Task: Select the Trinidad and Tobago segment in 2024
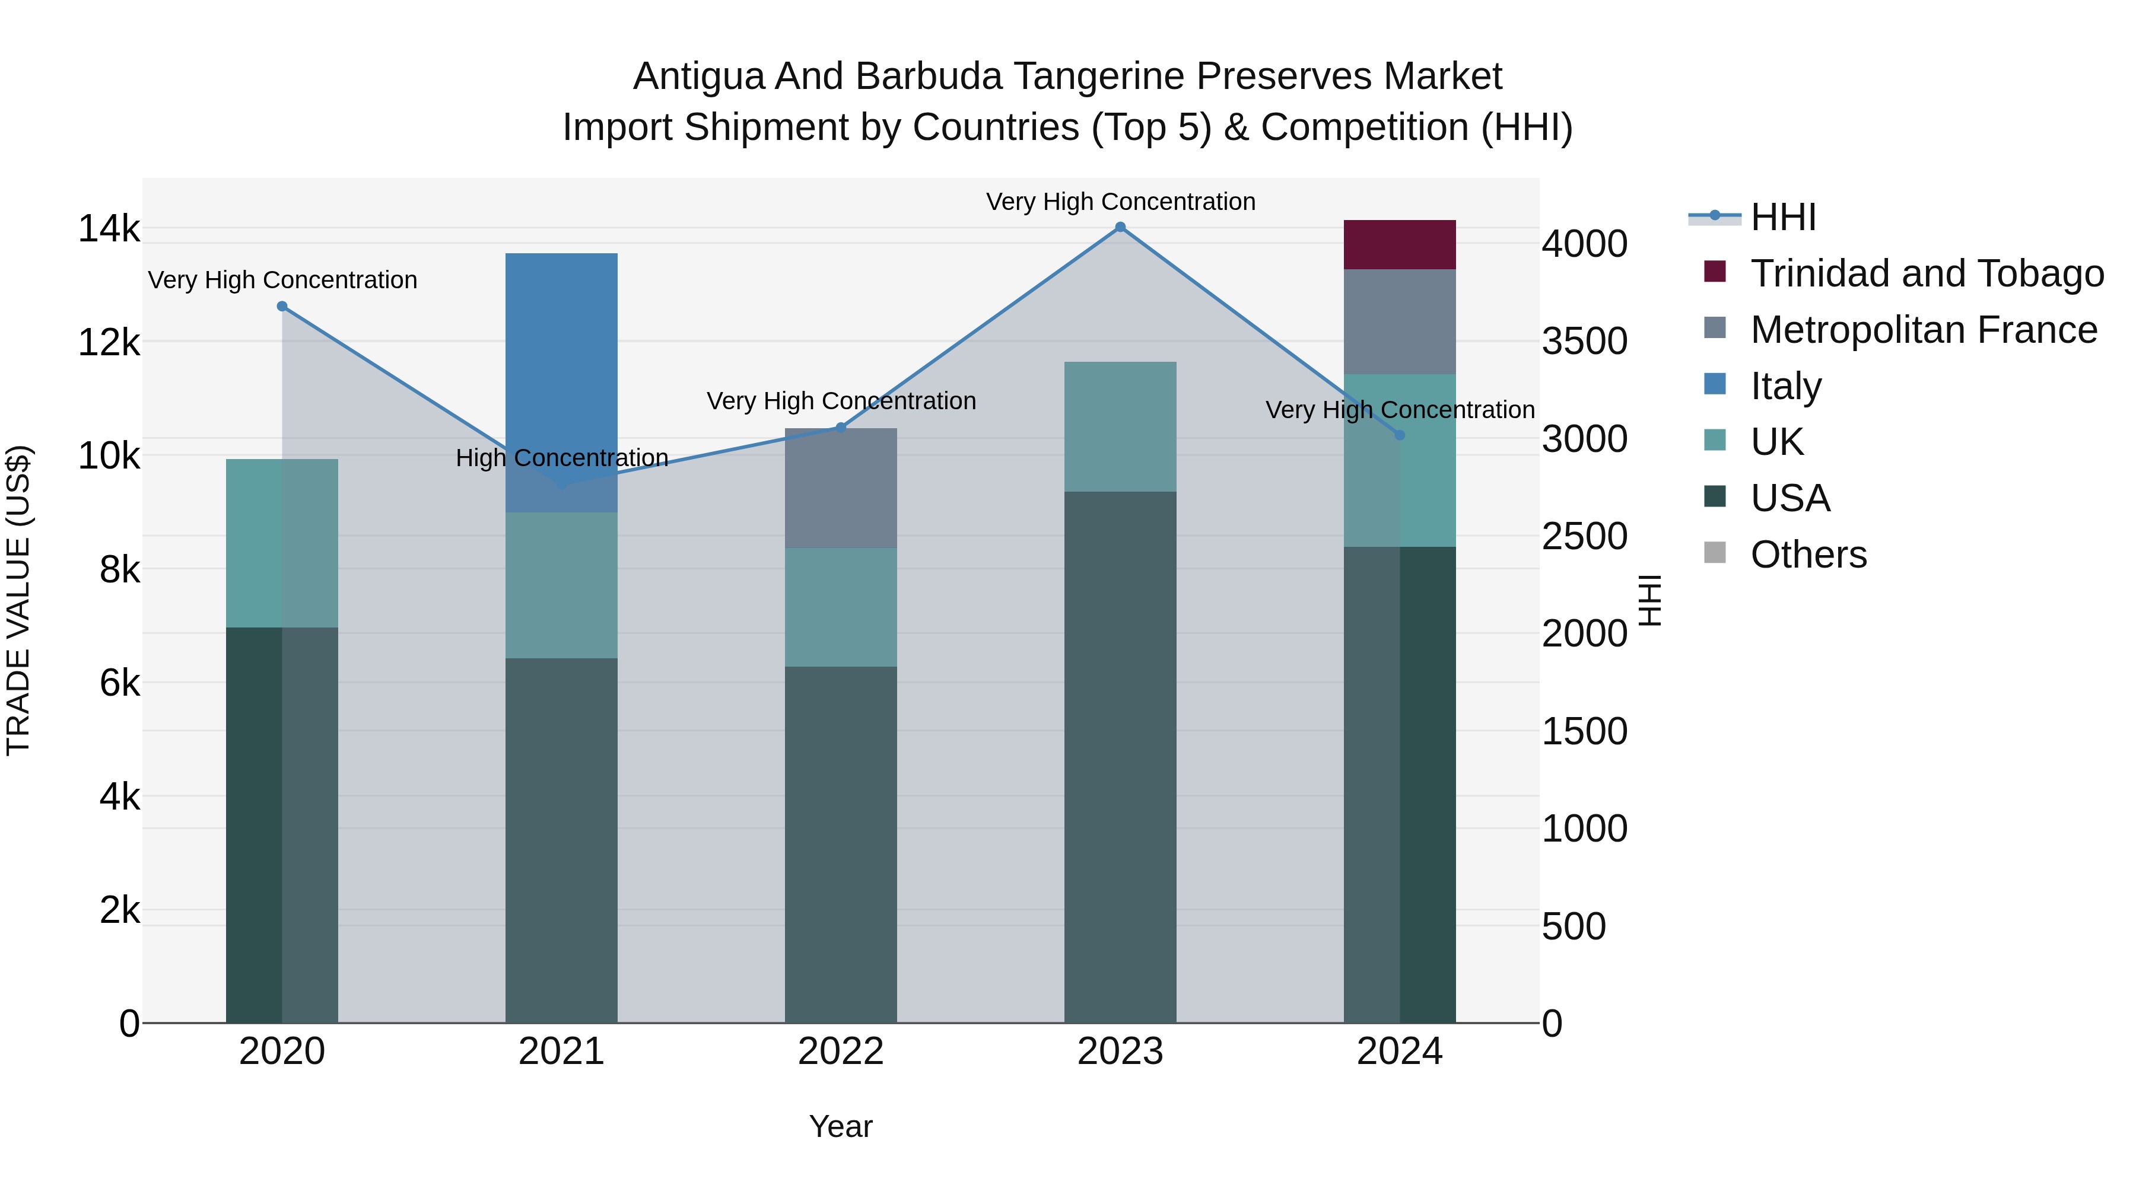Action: (x=1400, y=244)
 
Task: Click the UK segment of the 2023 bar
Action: (x=1120, y=427)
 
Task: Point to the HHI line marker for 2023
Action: (x=1120, y=227)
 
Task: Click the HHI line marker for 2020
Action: (x=282, y=307)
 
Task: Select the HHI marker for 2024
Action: (x=1400, y=435)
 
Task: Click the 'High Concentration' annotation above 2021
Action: (x=561, y=457)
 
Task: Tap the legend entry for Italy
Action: (x=1786, y=386)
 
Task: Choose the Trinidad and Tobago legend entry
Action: (x=1926, y=273)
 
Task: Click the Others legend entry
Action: (x=1808, y=555)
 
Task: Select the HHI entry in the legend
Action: (x=1783, y=217)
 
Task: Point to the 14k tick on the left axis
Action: (x=109, y=229)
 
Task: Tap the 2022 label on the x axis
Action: (x=841, y=1052)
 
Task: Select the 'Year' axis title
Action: (x=841, y=1126)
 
